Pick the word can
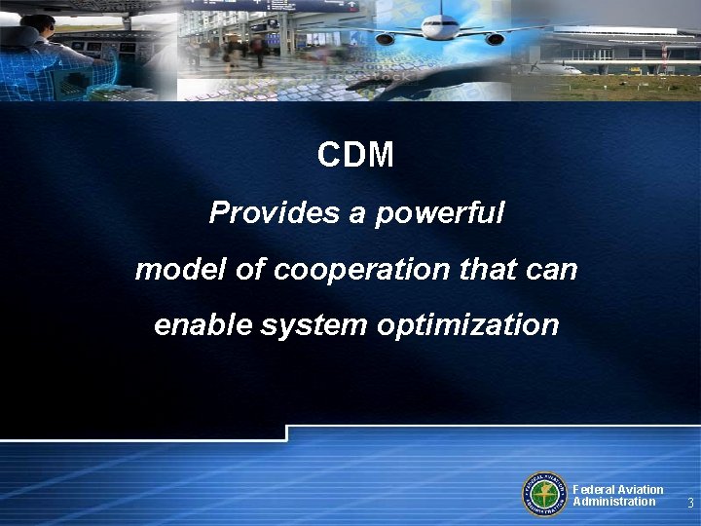tap(556, 269)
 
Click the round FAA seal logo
tap(545, 495)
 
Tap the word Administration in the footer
tap(613, 502)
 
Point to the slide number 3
tap(689, 504)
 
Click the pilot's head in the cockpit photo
tap(39, 24)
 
